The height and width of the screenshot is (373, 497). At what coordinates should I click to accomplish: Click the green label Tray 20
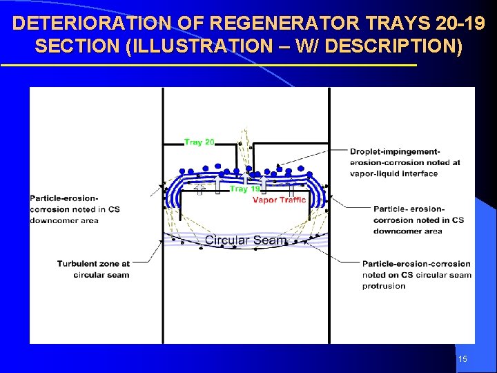coord(199,142)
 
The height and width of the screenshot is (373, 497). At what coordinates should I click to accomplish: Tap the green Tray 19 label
coord(244,189)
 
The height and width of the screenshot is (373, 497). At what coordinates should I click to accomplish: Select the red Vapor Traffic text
coord(279,200)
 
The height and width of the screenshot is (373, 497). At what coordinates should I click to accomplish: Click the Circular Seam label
coord(245,240)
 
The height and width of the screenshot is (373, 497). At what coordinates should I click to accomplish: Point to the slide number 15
coord(462,359)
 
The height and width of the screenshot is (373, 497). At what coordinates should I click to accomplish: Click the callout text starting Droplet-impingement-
coord(405,162)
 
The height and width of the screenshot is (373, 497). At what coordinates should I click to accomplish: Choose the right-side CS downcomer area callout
coord(418,220)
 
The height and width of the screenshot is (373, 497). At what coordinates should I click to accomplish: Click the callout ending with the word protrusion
coord(416,274)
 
